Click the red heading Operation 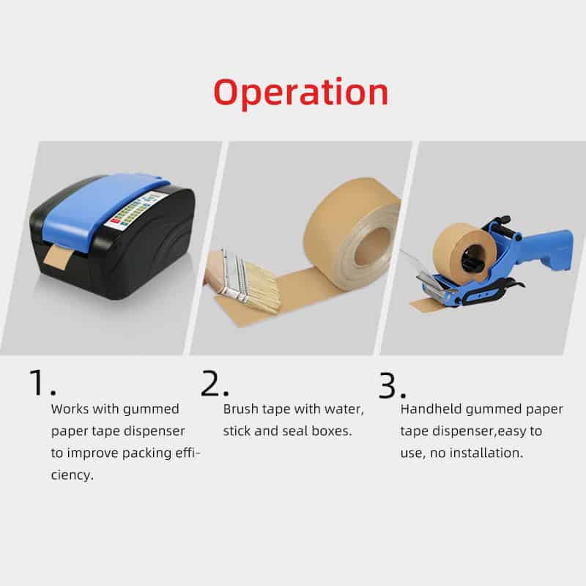[301, 93]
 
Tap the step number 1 [42, 382]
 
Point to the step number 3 [392, 385]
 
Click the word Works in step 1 [70, 409]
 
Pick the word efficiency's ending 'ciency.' [72, 475]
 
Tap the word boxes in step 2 [332, 431]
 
